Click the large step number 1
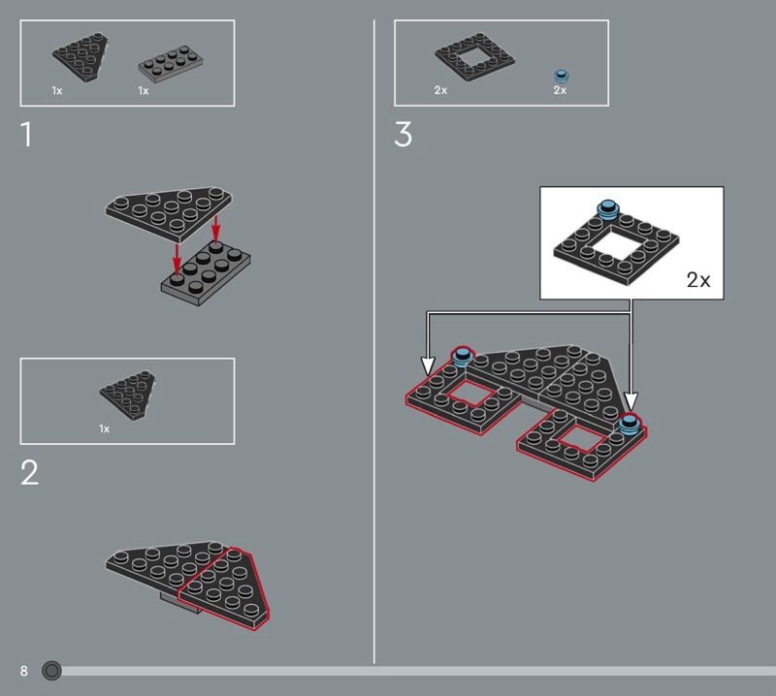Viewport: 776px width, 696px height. coord(27,135)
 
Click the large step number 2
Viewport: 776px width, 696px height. coord(29,472)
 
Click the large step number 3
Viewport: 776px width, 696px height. coord(403,135)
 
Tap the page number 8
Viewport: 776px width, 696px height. coord(23,671)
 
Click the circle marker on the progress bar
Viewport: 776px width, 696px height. coord(51,671)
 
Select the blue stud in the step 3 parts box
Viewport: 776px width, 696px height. coord(561,77)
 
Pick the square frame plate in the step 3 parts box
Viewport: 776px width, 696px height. coord(474,57)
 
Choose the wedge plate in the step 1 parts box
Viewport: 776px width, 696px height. coord(81,57)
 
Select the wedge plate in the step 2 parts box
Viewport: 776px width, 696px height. coord(128,395)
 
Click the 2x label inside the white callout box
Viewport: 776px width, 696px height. coord(698,280)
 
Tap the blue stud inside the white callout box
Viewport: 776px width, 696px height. coord(608,209)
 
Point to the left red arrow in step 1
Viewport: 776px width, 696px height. coord(177,258)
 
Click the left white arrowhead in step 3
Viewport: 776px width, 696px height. coord(428,365)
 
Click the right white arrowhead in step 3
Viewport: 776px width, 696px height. coord(630,401)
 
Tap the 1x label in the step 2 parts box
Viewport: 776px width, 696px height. coord(104,428)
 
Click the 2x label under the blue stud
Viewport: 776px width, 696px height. coord(560,90)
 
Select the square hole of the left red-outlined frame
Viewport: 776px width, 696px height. coord(471,395)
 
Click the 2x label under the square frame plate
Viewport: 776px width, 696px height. coord(440,90)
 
